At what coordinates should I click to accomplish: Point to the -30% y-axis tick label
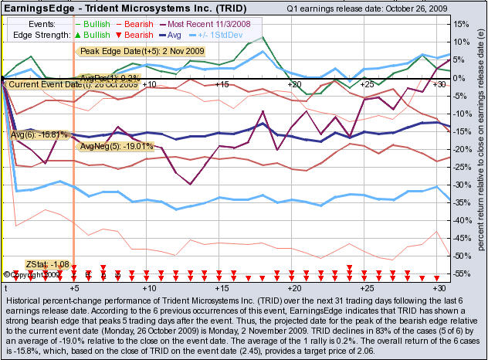coord(462,185)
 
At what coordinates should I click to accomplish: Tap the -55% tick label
coord(462,273)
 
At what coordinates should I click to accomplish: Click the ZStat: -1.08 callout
coord(48,264)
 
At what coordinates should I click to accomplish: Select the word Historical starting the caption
coord(25,298)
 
